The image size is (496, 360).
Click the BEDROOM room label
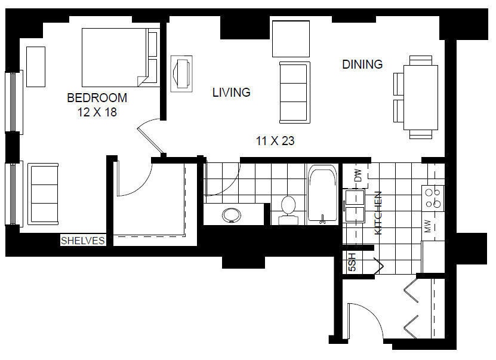97,98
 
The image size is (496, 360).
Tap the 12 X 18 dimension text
97,112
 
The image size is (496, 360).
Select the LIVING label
232,93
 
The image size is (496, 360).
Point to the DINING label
362,64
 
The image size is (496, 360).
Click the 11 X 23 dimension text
275,141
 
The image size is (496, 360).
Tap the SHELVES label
83,241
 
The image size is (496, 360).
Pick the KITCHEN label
378,213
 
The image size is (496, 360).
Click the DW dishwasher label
358,176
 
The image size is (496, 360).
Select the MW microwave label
428,226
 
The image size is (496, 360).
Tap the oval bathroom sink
232,216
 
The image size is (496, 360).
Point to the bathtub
323,194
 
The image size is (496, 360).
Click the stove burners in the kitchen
433,198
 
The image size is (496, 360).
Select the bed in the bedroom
120,57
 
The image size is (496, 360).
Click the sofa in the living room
295,93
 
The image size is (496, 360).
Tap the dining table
421,97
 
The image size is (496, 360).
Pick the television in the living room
181,74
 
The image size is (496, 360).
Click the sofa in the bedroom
43,194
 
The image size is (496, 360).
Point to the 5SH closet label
352,262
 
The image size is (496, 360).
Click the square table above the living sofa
291,39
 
